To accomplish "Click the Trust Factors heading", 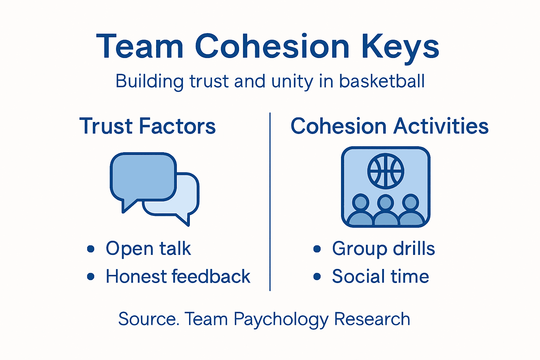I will click(147, 126).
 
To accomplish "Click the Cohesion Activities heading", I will click(390, 126).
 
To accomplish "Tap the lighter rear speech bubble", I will click(186, 197).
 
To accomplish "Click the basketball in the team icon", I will click(386, 171).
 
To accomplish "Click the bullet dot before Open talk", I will click(91, 249).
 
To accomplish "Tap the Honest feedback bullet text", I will click(178, 276).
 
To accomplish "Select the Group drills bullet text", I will click(383, 249).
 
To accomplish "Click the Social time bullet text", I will click(380, 276).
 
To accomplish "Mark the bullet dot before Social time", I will click(317, 277).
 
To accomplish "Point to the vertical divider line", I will click(270, 202).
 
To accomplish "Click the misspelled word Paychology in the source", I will click(281, 320).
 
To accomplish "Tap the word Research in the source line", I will click(372, 319).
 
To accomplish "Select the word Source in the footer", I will click(147, 319).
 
